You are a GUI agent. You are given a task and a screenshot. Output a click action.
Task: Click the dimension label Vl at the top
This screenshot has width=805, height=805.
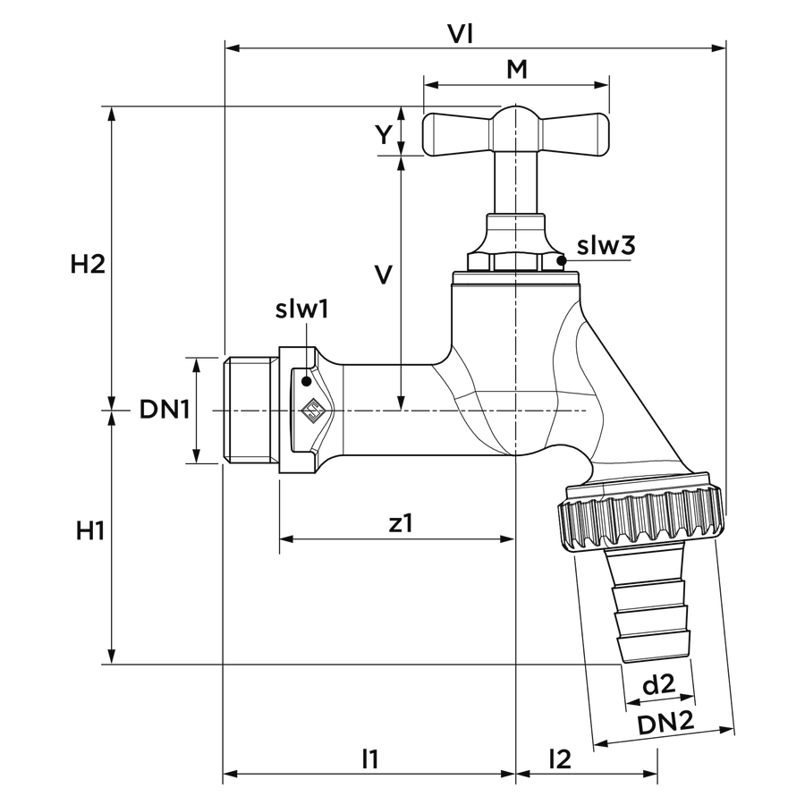pyautogui.click(x=460, y=34)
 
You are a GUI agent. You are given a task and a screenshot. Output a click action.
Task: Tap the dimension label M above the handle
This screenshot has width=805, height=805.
pyautogui.click(x=517, y=69)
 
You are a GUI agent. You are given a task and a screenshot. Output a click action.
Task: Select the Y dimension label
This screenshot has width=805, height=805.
pyautogui.click(x=384, y=134)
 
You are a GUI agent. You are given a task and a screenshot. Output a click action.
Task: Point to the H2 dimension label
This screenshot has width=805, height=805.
pyautogui.click(x=88, y=265)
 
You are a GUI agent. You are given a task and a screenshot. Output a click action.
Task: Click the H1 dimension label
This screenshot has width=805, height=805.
pyautogui.click(x=90, y=530)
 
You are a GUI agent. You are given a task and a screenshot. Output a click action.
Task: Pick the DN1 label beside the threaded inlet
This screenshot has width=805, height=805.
pyautogui.click(x=165, y=410)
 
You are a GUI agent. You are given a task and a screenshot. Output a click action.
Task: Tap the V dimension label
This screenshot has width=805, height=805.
pyautogui.click(x=384, y=275)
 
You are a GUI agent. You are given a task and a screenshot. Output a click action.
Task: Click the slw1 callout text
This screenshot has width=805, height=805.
pyautogui.click(x=302, y=309)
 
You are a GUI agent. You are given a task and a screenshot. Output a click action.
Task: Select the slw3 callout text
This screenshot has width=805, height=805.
pyautogui.click(x=606, y=245)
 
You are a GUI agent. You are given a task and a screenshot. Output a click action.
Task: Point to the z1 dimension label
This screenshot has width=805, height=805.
pyautogui.click(x=401, y=523)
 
